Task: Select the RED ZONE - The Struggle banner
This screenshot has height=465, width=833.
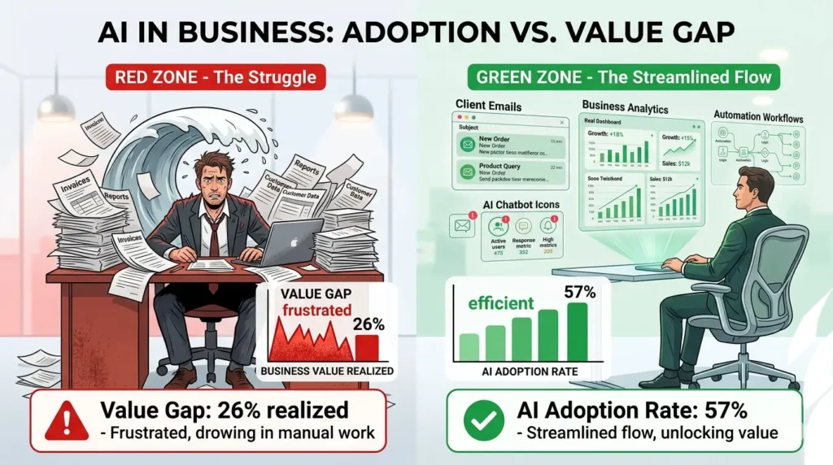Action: [x=215, y=78]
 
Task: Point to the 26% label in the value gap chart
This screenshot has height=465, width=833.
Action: [x=369, y=324]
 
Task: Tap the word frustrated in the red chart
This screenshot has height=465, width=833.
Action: [x=307, y=310]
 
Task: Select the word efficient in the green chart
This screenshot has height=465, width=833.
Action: [x=500, y=303]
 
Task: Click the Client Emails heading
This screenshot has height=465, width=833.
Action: [x=489, y=105]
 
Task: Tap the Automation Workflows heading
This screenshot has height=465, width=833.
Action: [x=757, y=118]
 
